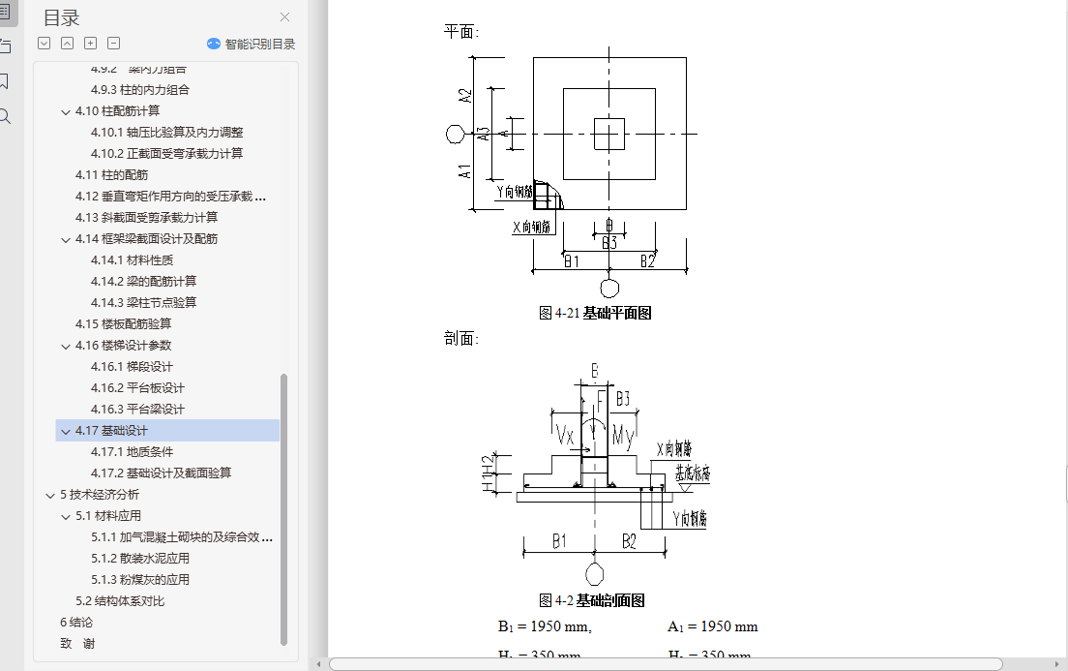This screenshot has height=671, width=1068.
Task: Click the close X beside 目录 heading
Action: (x=284, y=17)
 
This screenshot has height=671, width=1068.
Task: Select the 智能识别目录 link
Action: (x=252, y=44)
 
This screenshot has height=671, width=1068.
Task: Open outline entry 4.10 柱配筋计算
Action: (x=117, y=111)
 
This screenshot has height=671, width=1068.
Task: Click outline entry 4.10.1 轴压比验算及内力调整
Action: (x=166, y=133)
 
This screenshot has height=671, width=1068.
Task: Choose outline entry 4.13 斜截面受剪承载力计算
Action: (x=146, y=218)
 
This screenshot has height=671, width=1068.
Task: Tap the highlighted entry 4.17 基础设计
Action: (x=111, y=431)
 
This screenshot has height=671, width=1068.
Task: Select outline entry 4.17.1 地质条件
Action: (x=133, y=452)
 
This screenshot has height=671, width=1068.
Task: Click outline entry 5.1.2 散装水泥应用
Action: (x=140, y=559)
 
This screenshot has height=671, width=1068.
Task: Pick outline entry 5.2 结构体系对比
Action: (x=120, y=601)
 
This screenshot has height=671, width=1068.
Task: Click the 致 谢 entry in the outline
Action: (x=77, y=644)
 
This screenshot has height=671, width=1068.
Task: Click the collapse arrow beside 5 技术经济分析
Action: (x=50, y=495)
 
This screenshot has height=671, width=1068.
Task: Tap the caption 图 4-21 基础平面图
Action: (x=595, y=313)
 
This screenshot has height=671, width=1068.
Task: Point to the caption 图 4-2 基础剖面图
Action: (x=591, y=600)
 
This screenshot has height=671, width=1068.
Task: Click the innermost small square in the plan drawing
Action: (x=608, y=134)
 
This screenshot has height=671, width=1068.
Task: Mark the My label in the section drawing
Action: (x=623, y=437)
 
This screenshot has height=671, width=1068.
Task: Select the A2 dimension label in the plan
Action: (x=465, y=97)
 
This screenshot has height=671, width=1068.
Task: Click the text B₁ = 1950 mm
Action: (x=545, y=627)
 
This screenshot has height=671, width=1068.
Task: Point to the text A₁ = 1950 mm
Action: (x=712, y=627)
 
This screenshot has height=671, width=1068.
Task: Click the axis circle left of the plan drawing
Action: (x=455, y=134)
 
